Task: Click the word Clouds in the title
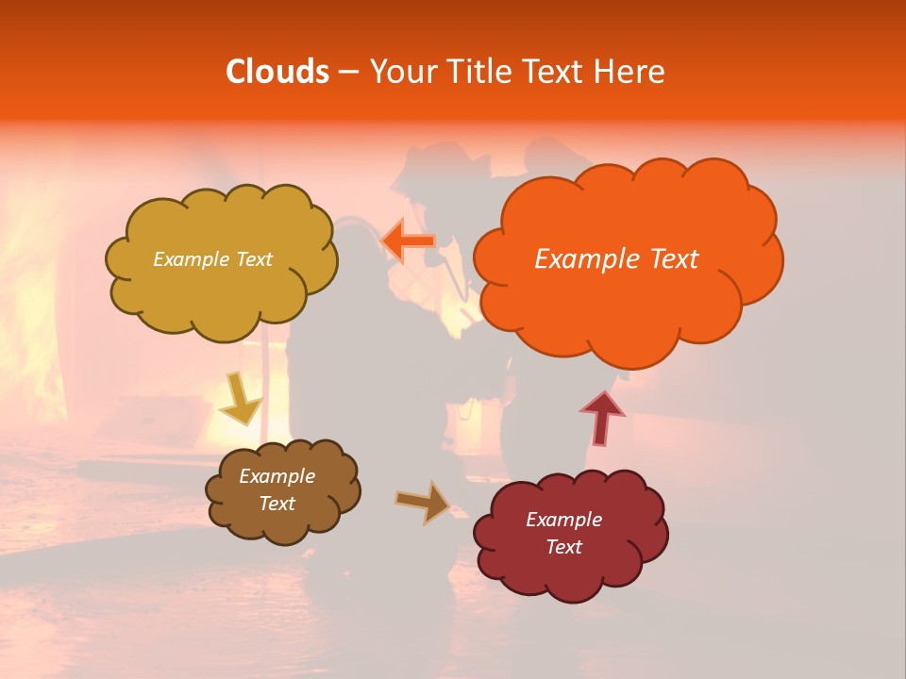click(277, 72)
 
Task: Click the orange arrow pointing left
click(408, 241)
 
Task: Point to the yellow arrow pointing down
click(240, 399)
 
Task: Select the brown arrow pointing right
click(424, 502)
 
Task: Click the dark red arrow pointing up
click(602, 418)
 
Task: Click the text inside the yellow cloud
click(212, 259)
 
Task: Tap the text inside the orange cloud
click(616, 258)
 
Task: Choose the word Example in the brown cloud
click(277, 476)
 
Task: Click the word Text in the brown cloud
click(277, 504)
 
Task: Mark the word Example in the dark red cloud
click(563, 520)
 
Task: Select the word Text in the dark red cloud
click(563, 547)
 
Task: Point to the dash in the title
click(347, 73)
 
